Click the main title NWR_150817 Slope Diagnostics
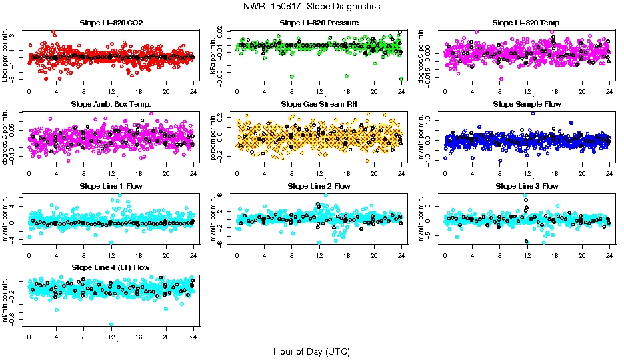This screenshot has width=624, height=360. click(x=312, y=6)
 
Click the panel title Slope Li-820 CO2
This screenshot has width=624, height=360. click(x=111, y=23)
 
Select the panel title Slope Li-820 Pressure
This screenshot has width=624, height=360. click(x=319, y=23)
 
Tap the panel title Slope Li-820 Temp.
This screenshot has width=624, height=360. click(x=527, y=23)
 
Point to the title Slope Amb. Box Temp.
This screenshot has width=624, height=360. click(x=111, y=105)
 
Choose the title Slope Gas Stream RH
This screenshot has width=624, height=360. click(x=319, y=105)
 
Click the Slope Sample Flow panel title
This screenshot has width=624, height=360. click(x=527, y=105)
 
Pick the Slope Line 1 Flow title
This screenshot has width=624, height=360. click(x=111, y=186)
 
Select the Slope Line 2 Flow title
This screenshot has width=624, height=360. click(x=319, y=186)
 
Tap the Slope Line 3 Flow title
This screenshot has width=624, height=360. click(x=527, y=186)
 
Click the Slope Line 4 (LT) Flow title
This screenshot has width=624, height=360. click(x=111, y=267)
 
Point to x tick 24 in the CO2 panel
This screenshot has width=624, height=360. click(x=193, y=91)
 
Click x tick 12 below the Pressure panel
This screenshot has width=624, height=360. click(x=319, y=91)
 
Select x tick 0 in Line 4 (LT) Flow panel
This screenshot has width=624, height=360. click(x=29, y=335)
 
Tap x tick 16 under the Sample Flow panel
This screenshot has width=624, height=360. click(x=555, y=173)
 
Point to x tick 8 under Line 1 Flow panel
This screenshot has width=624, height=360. click(x=84, y=254)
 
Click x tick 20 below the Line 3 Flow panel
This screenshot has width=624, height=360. click(x=582, y=254)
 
